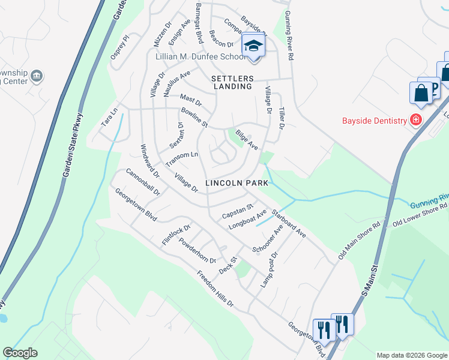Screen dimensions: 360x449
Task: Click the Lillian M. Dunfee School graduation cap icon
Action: coord(253,46)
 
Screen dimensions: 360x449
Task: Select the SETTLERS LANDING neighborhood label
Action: coord(232,83)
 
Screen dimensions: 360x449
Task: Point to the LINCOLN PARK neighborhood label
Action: coord(232,182)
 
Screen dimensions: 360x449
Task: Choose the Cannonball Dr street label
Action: coord(143,182)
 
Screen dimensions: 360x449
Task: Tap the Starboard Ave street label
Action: coord(289,223)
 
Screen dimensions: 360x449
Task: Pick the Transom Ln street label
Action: coord(182,159)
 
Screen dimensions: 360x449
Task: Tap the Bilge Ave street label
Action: coord(247,140)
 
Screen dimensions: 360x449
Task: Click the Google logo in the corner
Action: coord(20,353)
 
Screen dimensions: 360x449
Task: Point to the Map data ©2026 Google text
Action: coord(411,355)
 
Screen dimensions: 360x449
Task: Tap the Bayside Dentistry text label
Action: coord(375,121)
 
